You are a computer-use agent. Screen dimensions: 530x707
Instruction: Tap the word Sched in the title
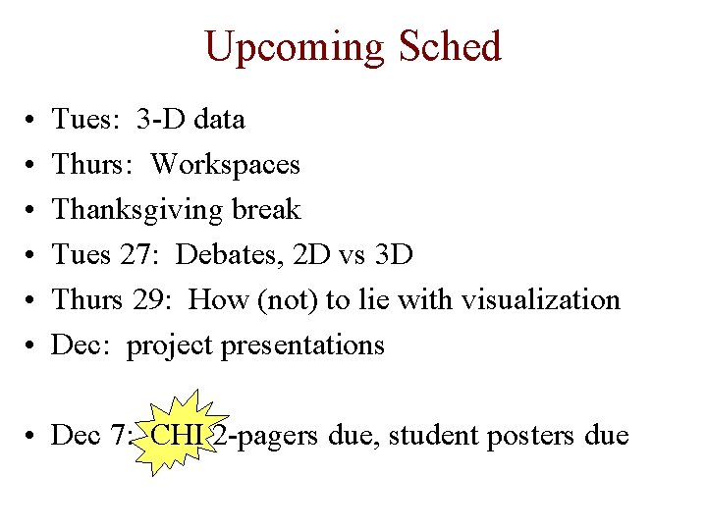450,46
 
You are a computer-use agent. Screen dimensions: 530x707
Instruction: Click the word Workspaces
225,164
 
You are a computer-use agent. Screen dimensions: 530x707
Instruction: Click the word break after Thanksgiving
266,209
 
